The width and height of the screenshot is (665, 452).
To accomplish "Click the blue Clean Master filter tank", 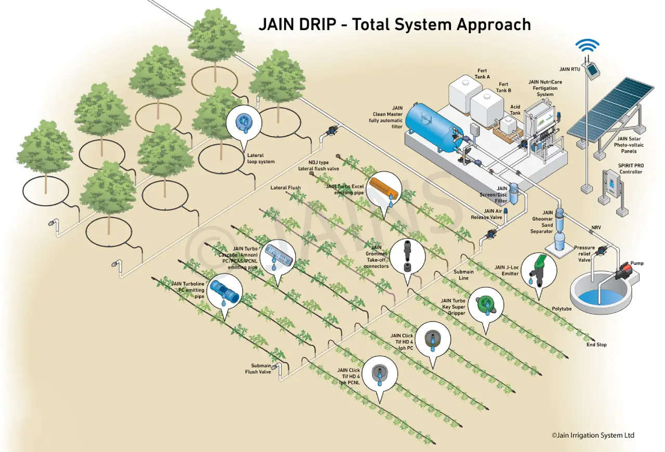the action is click(x=434, y=127).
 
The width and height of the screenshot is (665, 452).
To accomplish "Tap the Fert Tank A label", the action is click(x=482, y=74).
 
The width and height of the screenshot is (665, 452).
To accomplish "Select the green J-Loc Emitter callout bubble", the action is click(x=539, y=273).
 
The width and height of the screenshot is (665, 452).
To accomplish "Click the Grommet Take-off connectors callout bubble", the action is click(x=407, y=258).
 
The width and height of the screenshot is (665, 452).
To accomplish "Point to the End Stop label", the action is click(x=596, y=345).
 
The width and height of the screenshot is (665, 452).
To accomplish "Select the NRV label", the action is click(x=596, y=228).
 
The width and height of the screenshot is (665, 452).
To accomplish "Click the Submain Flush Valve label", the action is click(x=258, y=369).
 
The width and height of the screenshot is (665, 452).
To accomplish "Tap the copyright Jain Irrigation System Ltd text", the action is click(x=593, y=435).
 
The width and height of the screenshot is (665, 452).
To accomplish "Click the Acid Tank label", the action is click(x=515, y=110).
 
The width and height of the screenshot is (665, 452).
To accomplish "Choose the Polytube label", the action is click(x=562, y=309).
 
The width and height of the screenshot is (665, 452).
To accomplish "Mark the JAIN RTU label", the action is click(x=570, y=69).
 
